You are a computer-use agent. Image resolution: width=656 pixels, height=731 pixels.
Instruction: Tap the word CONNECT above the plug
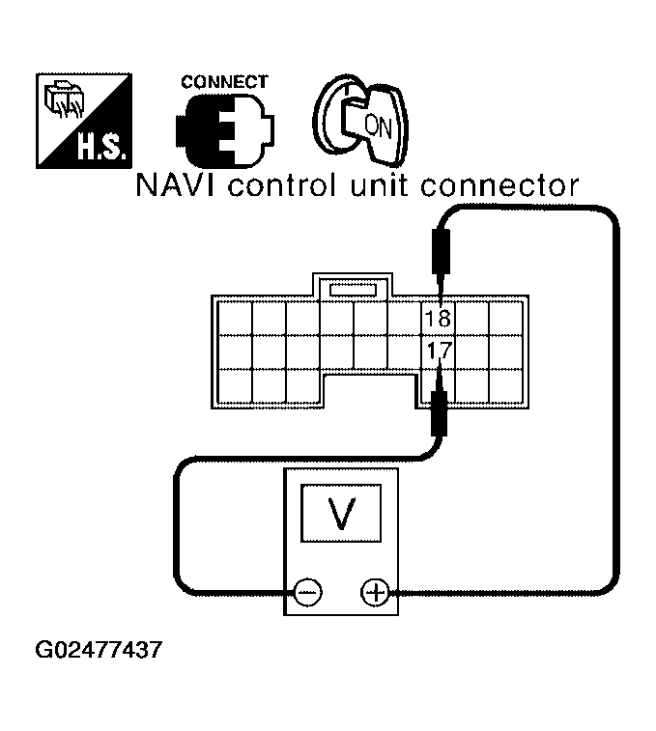[224, 82]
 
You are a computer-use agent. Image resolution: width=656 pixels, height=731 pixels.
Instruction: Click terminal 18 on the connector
[439, 318]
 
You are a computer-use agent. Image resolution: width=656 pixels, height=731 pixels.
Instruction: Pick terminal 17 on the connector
[439, 351]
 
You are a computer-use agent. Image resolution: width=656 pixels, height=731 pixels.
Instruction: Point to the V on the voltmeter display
[340, 515]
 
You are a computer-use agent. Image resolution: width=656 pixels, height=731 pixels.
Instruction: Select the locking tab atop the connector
[353, 288]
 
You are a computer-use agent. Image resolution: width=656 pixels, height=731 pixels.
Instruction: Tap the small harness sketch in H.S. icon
[64, 99]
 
